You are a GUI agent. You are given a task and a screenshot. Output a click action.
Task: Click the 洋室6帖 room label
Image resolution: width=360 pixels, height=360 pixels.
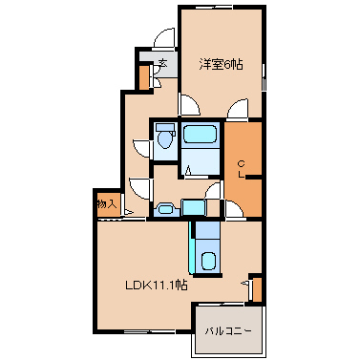[x=221, y=65]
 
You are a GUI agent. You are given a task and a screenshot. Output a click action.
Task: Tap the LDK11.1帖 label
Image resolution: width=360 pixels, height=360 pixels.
[x=156, y=285]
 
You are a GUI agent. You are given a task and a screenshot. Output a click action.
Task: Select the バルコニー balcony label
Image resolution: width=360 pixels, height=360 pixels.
[x=228, y=331]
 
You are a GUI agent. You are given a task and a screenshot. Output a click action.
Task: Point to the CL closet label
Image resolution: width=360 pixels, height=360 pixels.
[x=242, y=169]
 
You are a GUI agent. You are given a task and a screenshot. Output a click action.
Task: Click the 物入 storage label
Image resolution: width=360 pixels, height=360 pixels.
[x=107, y=203]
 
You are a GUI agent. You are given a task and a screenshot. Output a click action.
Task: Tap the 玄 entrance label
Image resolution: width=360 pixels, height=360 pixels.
[x=163, y=63]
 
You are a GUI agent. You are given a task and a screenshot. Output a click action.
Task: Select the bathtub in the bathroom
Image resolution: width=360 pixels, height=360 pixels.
[x=200, y=134]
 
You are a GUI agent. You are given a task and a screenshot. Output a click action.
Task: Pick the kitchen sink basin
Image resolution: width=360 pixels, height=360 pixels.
[x=208, y=262]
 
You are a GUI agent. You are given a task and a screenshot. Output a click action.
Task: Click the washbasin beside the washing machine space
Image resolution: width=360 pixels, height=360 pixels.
[x=165, y=210]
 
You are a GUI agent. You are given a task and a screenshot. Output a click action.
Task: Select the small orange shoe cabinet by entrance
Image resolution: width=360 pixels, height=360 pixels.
[x=144, y=77]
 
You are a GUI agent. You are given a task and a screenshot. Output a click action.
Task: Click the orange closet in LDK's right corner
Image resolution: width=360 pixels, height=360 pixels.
[x=257, y=289]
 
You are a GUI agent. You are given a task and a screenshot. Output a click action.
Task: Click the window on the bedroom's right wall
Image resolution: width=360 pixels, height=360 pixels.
[x=264, y=77]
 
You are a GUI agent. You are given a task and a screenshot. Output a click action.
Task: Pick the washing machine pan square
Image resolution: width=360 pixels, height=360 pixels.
[x=192, y=207]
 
